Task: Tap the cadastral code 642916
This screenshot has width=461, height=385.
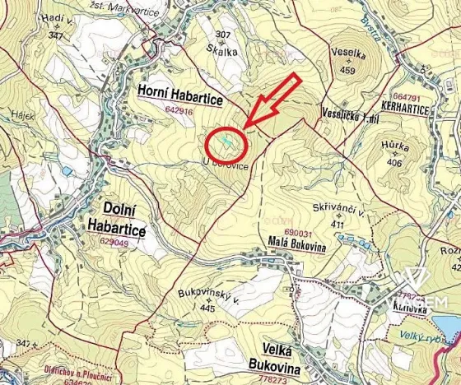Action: coord(179,110)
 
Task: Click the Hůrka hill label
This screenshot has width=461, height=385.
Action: coord(396,148)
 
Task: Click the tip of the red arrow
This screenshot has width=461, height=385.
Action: coord(245,126)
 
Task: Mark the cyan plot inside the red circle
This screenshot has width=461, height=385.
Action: coord(225,141)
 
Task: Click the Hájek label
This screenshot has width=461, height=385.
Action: coord(22,116)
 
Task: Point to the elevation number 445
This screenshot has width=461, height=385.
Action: coord(207,308)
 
